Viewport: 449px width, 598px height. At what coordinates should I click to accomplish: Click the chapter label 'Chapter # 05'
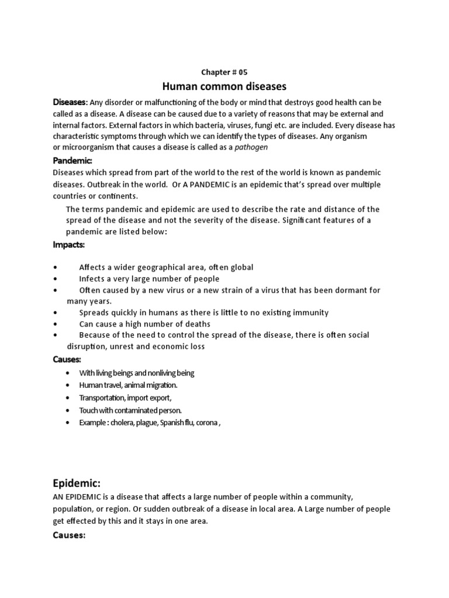click(224, 72)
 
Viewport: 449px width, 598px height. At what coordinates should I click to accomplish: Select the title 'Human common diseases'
click(224, 86)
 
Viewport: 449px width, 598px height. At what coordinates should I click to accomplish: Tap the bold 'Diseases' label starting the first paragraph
click(70, 102)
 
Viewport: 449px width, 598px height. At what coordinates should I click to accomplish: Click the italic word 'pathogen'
click(251, 147)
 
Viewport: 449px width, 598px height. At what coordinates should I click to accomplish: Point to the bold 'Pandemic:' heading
click(73, 160)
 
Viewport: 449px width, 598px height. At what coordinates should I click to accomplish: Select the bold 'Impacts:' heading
click(69, 245)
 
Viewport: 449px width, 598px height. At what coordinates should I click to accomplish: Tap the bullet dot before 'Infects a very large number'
click(55, 279)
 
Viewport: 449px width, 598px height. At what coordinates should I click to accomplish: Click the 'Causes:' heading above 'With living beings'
click(67, 359)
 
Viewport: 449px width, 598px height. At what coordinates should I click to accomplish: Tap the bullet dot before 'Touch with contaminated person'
click(68, 411)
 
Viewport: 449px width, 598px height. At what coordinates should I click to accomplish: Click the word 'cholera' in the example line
click(123, 423)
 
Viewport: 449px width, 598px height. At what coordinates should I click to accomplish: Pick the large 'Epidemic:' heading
click(77, 483)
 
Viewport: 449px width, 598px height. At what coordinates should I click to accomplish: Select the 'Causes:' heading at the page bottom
click(70, 534)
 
